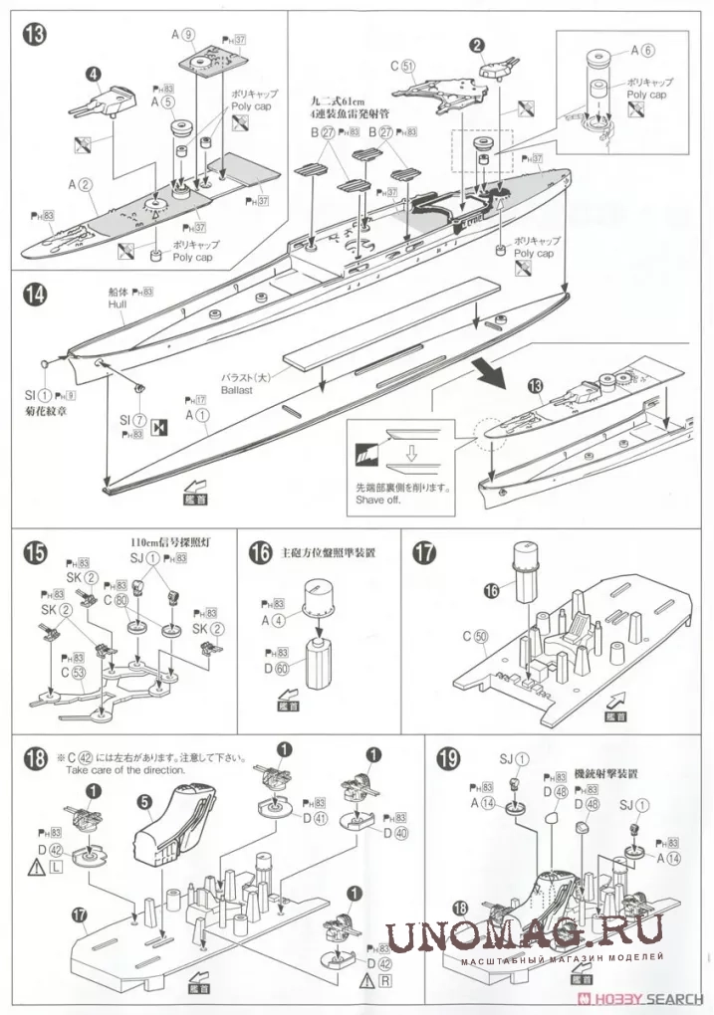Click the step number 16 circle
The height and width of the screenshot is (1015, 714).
pyautogui.click(x=260, y=553)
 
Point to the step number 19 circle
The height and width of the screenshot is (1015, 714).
pyautogui.click(x=447, y=763)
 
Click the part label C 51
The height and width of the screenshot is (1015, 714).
pyautogui.click(x=402, y=67)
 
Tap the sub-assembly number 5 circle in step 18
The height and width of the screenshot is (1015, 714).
pyautogui.click(x=144, y=802)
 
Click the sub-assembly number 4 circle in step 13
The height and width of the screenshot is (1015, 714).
pyautogui.click(x=92, y=73)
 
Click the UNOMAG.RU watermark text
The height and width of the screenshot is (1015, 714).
pyautogui.click(x=524, y=934)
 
